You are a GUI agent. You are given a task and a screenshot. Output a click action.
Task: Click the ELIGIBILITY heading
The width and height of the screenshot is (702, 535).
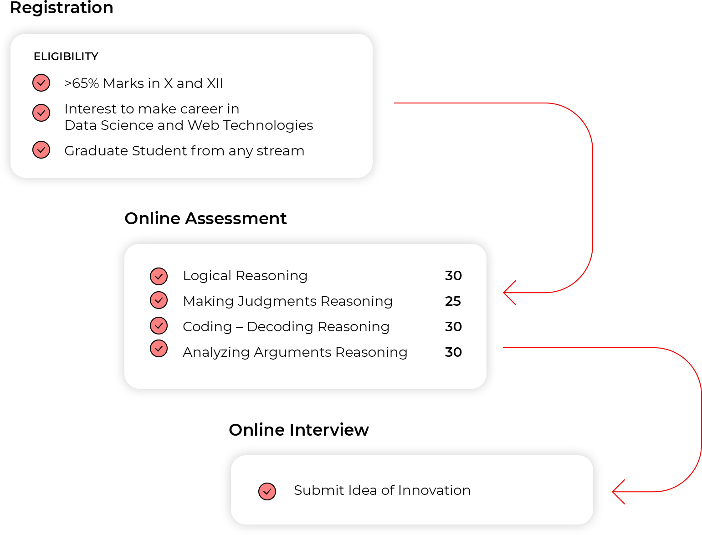(x=66, y=57)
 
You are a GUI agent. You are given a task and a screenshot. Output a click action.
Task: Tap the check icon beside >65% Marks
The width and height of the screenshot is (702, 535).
(x=41, y=83)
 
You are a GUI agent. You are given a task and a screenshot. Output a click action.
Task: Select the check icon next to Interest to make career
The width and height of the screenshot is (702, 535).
(x=41, y=113)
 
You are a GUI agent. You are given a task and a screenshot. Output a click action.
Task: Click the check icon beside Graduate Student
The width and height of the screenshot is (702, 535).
(x=41, y=150)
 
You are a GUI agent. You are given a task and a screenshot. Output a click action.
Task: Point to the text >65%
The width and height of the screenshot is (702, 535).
(x=82, y=83)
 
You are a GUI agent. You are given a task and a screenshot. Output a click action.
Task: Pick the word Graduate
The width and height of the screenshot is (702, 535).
(x=96, y=151)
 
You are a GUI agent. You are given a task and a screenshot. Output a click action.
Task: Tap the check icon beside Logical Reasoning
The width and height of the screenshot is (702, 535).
(x=159, y=276)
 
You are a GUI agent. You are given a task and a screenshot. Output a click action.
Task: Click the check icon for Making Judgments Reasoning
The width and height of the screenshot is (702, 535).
(x=159, y=300)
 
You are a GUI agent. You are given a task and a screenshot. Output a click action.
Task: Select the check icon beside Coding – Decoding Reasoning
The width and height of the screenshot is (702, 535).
(x=159, y=325)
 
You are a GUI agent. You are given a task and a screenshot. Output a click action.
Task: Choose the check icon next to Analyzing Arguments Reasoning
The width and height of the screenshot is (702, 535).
(x=159, y=349)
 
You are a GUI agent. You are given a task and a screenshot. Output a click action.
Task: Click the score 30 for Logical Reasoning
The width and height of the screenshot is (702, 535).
(x=453, y=276)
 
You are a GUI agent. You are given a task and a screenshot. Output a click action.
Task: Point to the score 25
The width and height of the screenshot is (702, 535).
(x=453, y=301)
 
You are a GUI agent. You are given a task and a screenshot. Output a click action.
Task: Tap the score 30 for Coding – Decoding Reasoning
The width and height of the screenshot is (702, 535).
(x=453, y=327)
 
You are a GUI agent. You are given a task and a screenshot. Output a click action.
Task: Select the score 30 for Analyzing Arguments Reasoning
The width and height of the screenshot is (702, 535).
(x=453, y=352)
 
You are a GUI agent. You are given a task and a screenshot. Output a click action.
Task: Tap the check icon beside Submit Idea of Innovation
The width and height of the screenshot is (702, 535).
(x=267, y=491)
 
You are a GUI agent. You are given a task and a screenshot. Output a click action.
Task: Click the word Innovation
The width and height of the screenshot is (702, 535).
(x=434, y=490)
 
